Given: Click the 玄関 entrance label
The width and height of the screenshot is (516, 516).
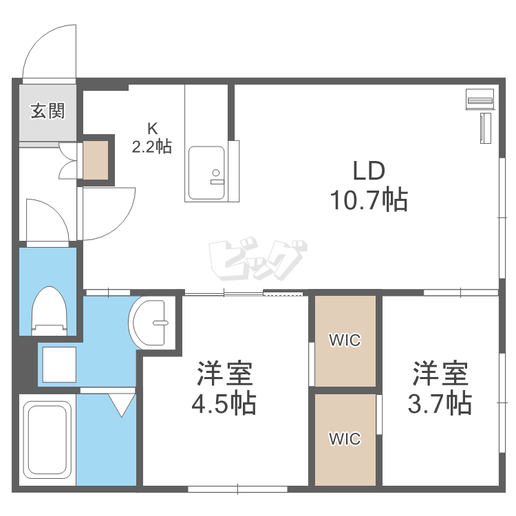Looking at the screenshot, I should coord(47,111).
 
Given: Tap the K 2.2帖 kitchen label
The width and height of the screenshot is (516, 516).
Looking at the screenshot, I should coord(152,138).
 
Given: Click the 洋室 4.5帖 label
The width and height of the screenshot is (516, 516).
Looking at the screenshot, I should coord(224,389).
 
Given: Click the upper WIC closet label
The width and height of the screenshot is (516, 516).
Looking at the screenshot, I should coord(345,340).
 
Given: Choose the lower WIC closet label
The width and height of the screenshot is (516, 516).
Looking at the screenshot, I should coord(345,438).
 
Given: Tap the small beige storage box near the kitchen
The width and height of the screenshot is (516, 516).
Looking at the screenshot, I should coord(97,160).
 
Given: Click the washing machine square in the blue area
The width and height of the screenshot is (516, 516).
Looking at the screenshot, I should coord(59,363).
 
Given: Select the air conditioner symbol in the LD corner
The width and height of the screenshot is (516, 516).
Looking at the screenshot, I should coord(481,100).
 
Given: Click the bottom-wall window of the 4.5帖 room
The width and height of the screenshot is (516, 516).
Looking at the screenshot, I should coord(237,488).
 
